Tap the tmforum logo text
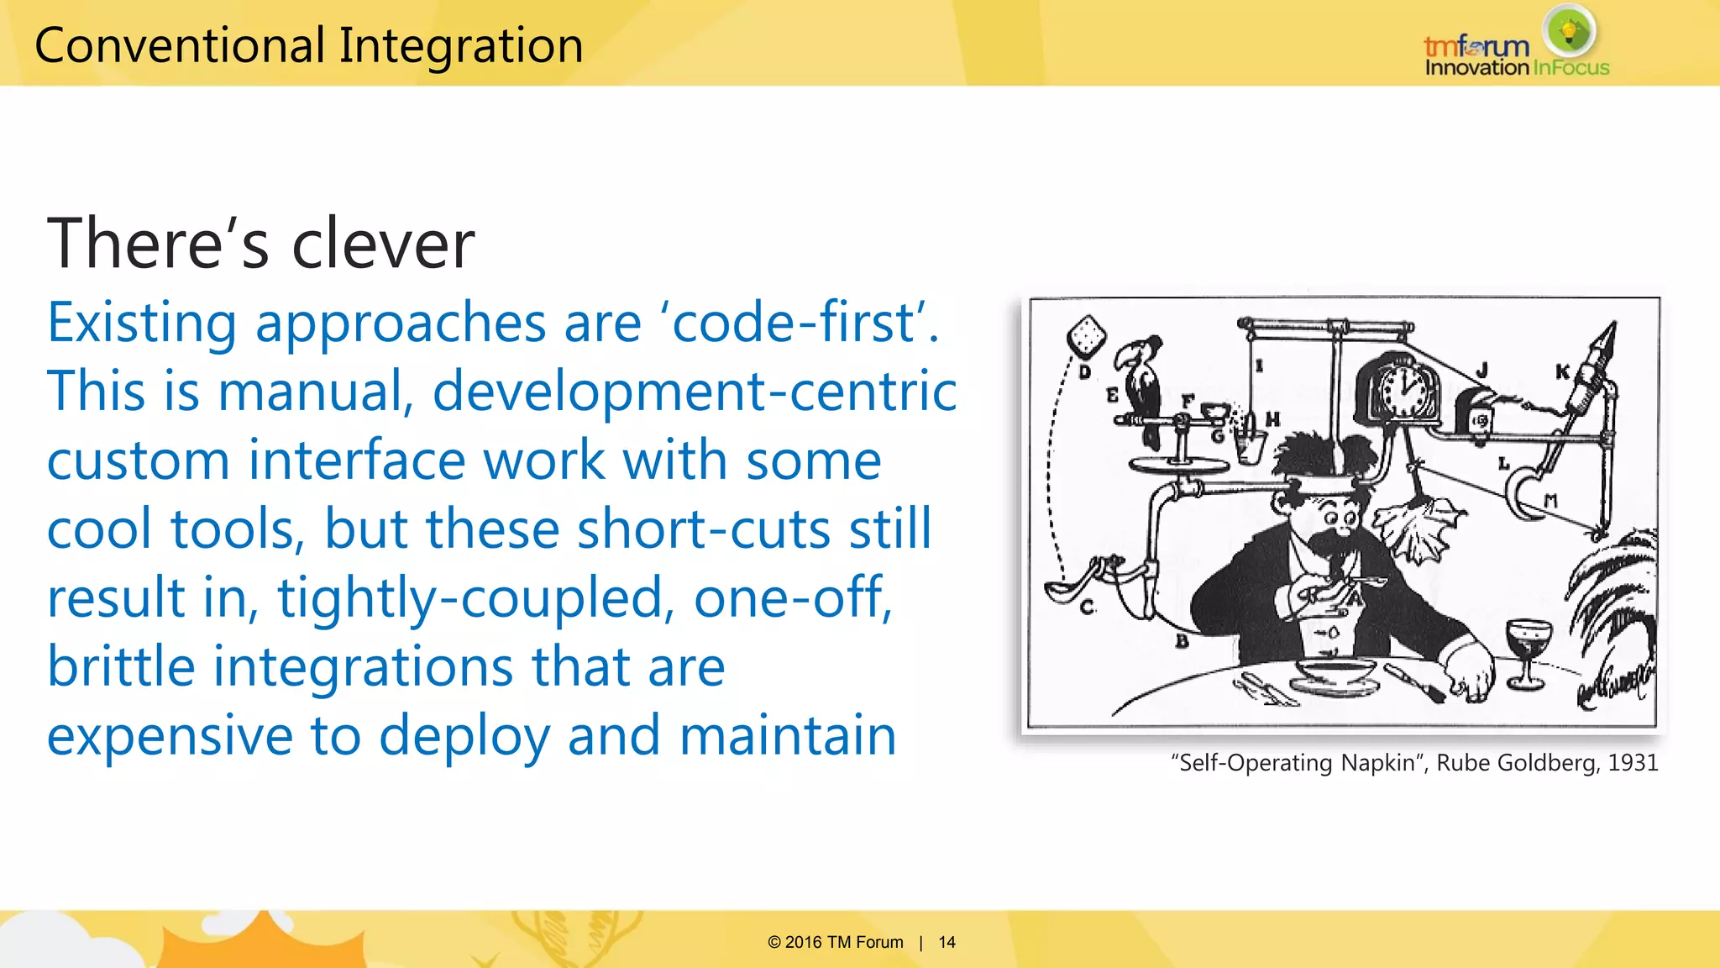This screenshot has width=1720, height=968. (1476, 46)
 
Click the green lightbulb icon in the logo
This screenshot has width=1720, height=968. (1569, 32)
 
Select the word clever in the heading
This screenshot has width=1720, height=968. (383, 244)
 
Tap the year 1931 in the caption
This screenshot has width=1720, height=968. (1633, 763)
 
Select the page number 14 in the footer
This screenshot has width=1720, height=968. (947, 942)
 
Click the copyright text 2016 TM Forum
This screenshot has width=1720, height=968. (843, 942)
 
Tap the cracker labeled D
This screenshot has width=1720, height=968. (1086, 336)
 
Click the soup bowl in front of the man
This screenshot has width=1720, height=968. (1335, 672)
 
